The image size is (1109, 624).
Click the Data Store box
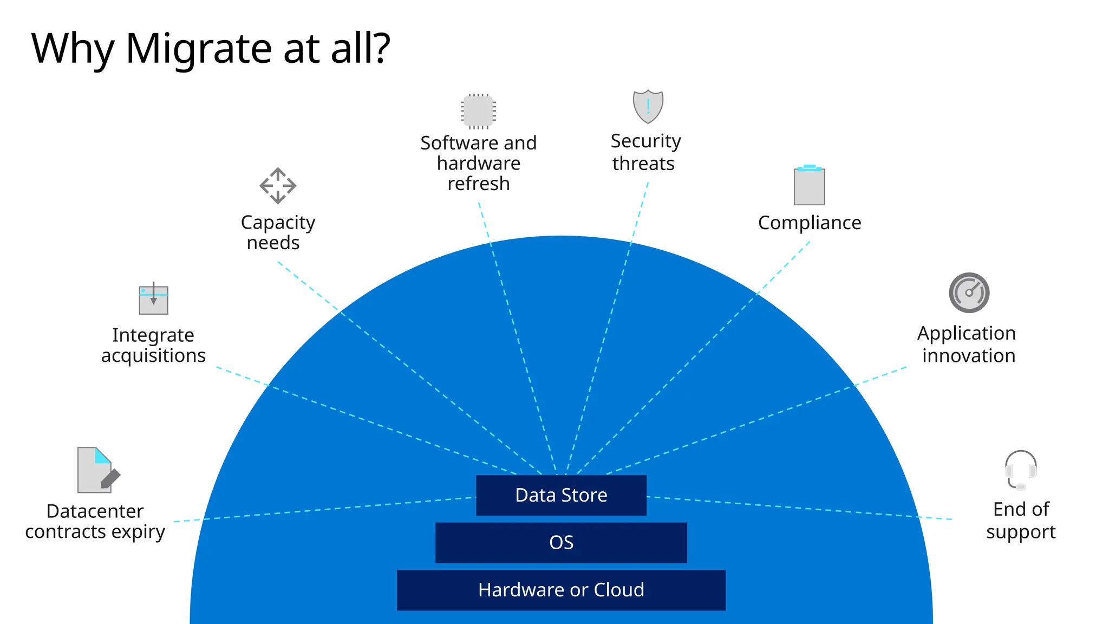[561, 495]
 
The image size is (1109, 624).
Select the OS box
[561, 542]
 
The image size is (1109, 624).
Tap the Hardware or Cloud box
[561, 590]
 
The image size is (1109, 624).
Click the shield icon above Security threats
[648, 106]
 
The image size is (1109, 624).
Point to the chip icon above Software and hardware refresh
[479, 111]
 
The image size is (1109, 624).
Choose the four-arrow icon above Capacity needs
[278, 186]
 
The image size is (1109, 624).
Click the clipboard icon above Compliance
[809, 185]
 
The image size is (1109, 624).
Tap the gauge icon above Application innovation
[969, 292]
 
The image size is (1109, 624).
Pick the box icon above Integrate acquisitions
[153, 299]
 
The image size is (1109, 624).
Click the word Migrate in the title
[198, 49]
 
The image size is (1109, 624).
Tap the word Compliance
[809, 223]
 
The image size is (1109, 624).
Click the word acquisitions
[153, 356]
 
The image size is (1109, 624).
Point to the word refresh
[479, 184]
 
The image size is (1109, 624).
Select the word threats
[643, 164]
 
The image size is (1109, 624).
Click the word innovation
[968, 356]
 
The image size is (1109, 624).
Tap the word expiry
[138, 532]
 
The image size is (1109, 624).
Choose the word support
[1021, 532]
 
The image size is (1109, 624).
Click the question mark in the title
[381, 48]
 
